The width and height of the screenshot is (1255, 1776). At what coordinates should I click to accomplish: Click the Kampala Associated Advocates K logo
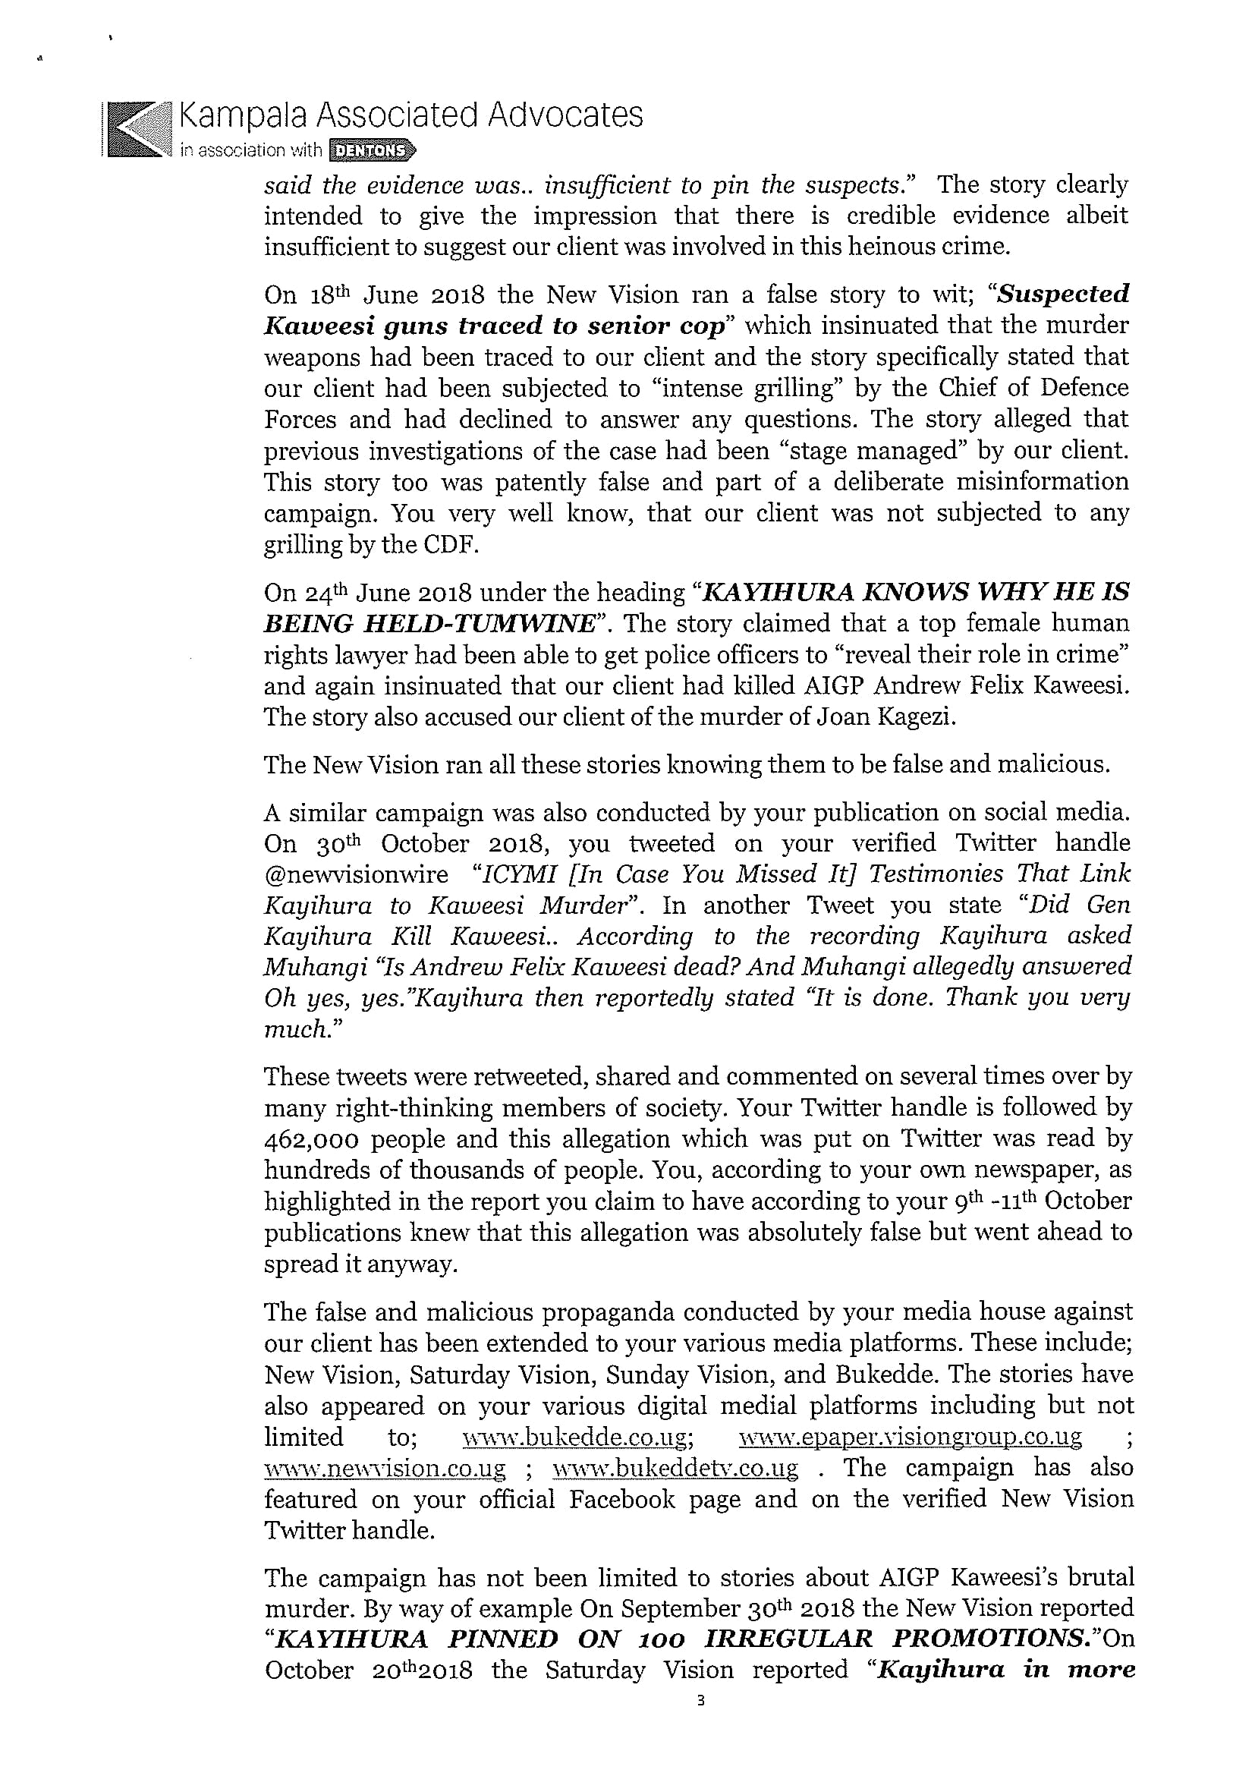tap(136, 130)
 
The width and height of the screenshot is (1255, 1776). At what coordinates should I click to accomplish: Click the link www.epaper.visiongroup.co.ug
tap(910, 1437)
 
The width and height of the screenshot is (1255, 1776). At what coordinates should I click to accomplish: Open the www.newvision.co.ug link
tap(385, 1468)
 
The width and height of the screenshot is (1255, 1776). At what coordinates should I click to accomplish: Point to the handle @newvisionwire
tap(356, 874)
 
